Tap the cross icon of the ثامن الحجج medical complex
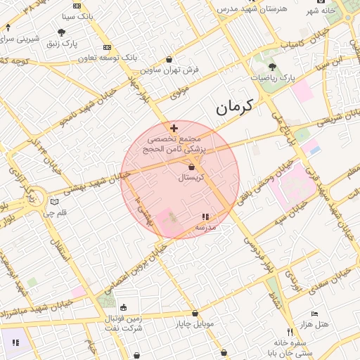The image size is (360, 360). click(174, 128)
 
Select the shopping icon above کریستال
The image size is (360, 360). click(193, 167)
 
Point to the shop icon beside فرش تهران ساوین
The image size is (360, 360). click(169, 60)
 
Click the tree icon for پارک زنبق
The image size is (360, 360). click(62, 32)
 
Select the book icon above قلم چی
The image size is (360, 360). click(54, 202)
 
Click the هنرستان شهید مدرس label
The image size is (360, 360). click(243, 8)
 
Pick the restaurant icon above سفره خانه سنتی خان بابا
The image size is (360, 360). click(289, 331)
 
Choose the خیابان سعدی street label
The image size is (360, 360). click(333, 281)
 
